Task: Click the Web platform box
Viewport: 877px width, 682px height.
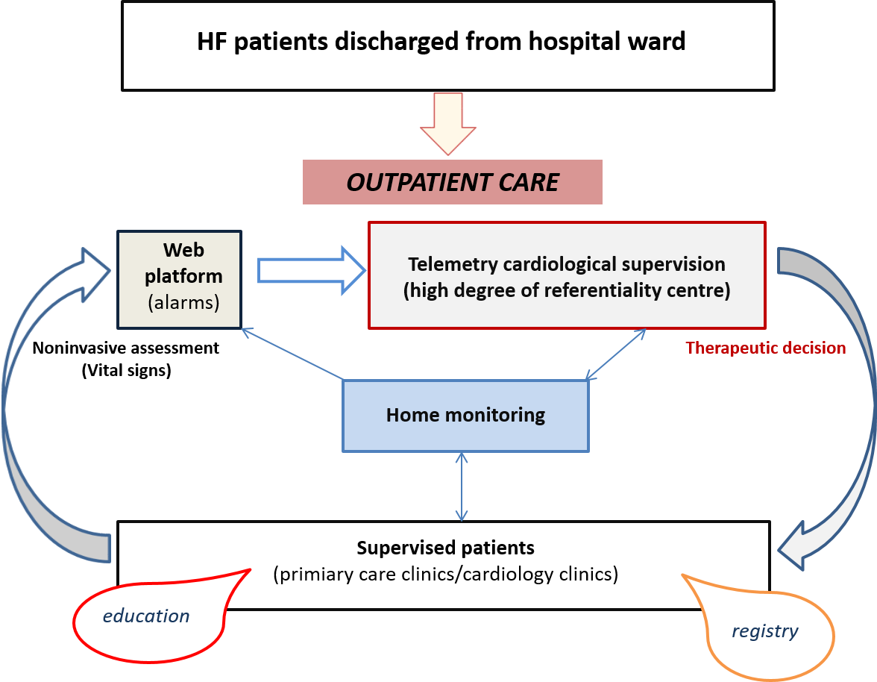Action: [x=179, y=278]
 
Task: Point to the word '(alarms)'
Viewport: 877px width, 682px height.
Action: [x=183, y=302]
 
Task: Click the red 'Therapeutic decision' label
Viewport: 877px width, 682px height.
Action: [x=765, y=348]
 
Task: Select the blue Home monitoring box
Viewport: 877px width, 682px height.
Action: [x=465, y=416]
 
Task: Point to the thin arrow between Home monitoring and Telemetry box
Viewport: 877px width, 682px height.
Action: [x=616, y=354]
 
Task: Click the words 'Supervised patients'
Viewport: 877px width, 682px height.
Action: [x=445, y=548]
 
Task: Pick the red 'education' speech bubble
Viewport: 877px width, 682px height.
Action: [x=147, y=616]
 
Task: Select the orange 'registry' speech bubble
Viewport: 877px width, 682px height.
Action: [x=765, y=631]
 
